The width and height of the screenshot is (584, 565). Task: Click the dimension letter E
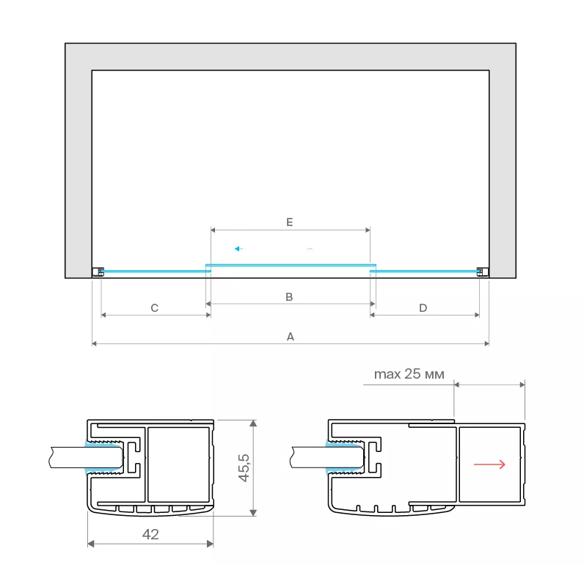(x=289, y=222)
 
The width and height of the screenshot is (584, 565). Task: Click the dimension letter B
(x=289, y=297)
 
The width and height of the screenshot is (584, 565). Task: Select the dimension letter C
(x=155, y=308)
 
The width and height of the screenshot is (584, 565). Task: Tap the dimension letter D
(x=423, y=308)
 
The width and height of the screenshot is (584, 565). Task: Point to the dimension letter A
(x=291, y=337)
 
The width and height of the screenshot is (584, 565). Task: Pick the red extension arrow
(x=489, y=464)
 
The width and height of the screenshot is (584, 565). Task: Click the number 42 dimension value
(x=150, y=534)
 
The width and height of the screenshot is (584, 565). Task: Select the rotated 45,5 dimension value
(x=244, y=468)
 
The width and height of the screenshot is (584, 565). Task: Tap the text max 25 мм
(x=409, y=374)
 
